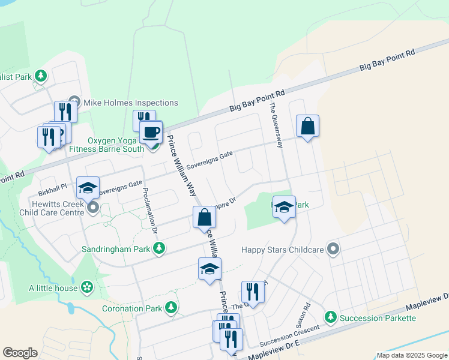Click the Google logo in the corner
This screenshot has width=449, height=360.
20,353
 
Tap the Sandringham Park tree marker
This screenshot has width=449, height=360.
159,248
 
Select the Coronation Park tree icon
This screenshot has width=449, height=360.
172,308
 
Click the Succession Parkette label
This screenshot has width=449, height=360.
377,317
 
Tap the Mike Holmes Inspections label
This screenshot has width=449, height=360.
130,103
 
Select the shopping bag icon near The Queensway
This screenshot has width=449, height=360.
307,126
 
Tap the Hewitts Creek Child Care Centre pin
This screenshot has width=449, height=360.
93,208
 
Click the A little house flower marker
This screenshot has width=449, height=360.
88,288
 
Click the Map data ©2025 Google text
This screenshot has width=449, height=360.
411,355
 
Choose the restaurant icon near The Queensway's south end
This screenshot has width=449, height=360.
253,292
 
